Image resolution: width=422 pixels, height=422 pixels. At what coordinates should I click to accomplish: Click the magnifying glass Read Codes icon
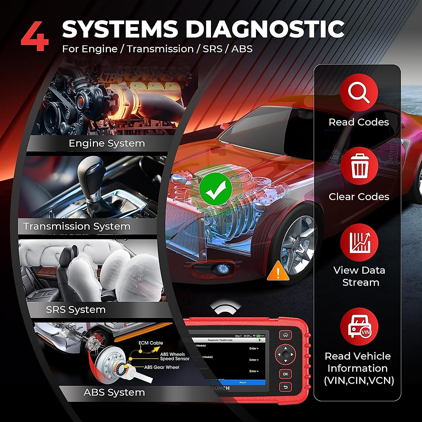(x=359, y=92)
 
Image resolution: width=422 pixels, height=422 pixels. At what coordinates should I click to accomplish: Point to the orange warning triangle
(x=278, y=271)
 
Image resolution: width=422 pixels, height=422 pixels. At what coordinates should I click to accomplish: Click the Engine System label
(x=107, y=143)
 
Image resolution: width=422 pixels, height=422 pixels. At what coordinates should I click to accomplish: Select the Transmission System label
(x=77, y=226)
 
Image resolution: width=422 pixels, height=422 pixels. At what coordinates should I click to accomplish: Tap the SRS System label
(x=76, y=310)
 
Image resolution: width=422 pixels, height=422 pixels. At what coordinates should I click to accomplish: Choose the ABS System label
(x=114, y=392)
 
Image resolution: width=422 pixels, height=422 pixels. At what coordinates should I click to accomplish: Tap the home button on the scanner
(x=286, y=335)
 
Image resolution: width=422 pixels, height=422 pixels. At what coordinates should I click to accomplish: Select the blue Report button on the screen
(x=243, y=382)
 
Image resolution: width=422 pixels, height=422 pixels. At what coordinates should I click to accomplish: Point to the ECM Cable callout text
(x=151, y=343)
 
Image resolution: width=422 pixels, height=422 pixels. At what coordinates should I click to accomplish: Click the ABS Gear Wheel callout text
(x=161, y=367)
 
